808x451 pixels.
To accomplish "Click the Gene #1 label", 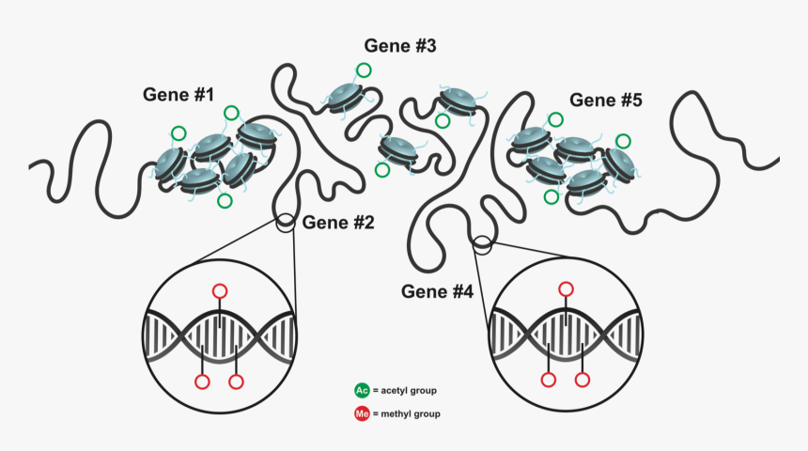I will point(179,95).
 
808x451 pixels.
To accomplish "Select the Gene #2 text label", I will point(338,223).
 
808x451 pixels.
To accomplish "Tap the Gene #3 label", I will point(400,45).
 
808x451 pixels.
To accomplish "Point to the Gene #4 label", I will point(437,290).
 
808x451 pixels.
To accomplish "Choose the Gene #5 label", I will point(606,100).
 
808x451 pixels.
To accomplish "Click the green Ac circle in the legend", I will point(362,390).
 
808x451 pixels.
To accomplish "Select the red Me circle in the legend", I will point(362,413).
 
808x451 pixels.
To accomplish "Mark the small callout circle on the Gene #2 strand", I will point(286,223).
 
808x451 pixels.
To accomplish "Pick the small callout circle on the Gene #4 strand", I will point(482,245).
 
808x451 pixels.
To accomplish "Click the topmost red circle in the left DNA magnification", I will point(220,290).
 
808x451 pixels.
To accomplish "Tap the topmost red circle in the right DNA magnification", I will point(566,288).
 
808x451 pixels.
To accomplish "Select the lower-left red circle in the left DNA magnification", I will point(201,381).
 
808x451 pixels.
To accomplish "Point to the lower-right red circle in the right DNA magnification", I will point(583,381).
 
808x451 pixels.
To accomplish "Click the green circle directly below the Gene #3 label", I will point(363,70).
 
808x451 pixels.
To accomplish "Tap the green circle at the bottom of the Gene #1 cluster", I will point(224,201).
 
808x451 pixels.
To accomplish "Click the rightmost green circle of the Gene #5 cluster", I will point(624,142).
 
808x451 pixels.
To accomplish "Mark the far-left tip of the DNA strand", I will point(32,165).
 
